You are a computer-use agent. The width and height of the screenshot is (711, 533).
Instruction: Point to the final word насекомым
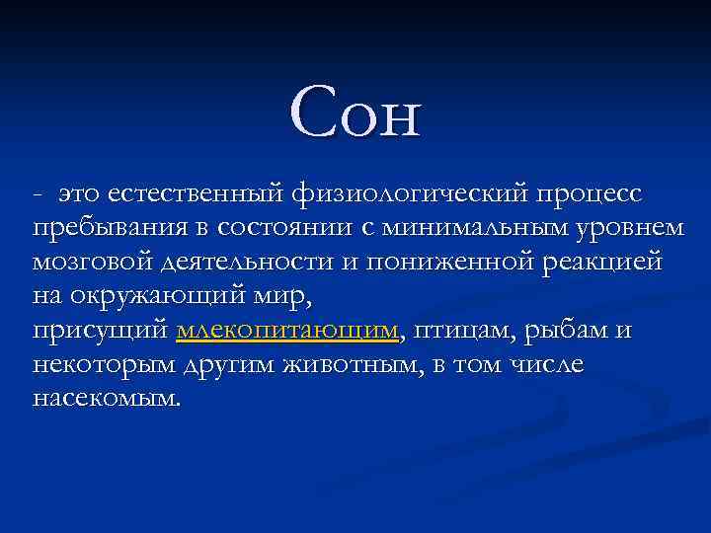click(107, 399)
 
